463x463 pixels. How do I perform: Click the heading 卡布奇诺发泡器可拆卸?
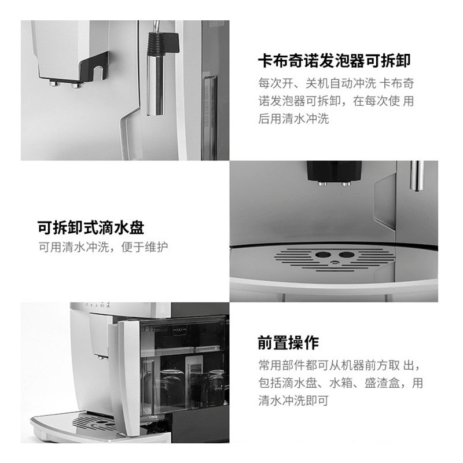coord(335,61)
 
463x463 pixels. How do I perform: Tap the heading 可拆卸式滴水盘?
coord(91,227)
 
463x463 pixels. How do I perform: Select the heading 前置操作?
coord(288,343)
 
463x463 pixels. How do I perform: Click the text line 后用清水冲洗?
coord(293,119)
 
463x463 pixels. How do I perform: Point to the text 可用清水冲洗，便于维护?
coord(104,247)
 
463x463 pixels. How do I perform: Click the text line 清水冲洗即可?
coord(293,400)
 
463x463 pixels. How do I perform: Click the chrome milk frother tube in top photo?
coord(155,85)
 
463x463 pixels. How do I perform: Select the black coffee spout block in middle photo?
coord(335,171)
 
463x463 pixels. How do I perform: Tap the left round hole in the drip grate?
coord(323,255)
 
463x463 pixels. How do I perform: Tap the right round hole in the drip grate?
coord(346,255)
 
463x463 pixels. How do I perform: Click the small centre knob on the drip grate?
coord(335,262)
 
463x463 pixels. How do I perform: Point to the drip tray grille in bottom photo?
coord(95,422)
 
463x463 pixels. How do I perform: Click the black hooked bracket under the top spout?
coord(94,67)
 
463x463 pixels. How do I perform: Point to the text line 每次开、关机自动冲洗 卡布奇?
coord(336,83)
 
